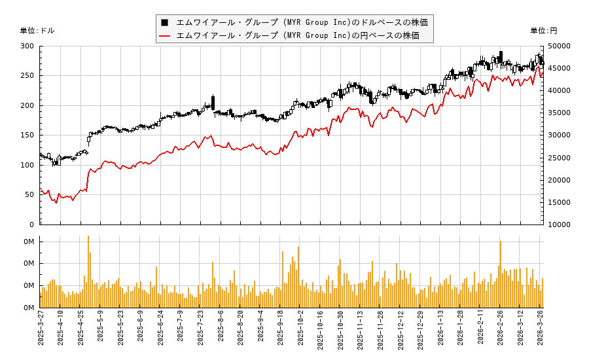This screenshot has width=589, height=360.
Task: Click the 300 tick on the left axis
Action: pos(27,46)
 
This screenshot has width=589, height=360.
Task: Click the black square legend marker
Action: pos(165,22)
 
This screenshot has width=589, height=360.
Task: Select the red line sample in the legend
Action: pos(165,35)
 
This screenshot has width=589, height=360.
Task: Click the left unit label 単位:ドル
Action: pos(37,31)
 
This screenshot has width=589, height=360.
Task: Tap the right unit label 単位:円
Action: pos(544,31)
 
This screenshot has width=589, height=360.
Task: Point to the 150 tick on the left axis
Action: pos(27,135)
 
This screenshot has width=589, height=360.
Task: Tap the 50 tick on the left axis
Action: pos(29,194)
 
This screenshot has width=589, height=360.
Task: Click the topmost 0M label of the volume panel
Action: pos(29,242)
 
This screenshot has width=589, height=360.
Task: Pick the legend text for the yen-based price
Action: pos(298,35)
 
